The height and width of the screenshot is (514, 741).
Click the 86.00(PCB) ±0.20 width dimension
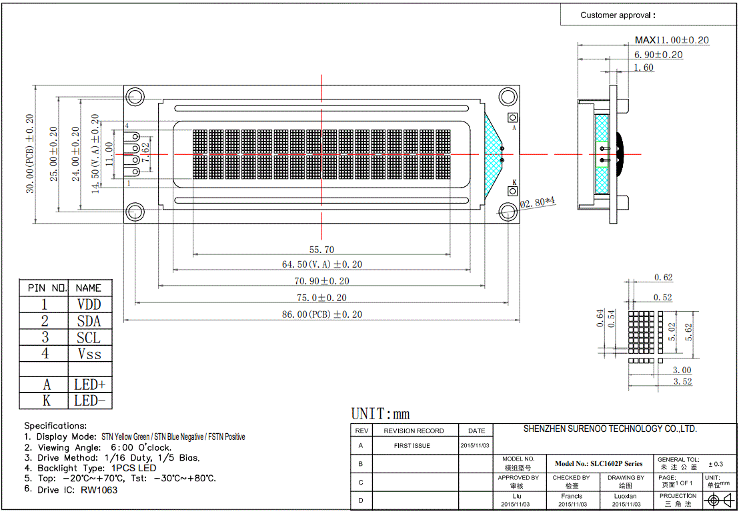coord(322,314)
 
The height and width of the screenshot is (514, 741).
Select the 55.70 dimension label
coord(322,250)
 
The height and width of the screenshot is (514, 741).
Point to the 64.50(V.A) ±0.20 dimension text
coord(322,264)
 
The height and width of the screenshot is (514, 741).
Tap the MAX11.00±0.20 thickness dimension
coord(672,40)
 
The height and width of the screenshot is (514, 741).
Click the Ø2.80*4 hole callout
coord(538,203)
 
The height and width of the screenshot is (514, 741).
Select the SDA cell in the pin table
coord(89,321)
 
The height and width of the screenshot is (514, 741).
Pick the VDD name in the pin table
coord(89,304)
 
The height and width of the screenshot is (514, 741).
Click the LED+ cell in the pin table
coord(89,384)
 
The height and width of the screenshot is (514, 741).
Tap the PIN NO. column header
coord(44,288)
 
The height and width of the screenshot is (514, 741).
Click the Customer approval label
coord(618,15)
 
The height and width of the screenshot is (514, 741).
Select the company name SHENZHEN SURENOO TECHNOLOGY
coord(610,429)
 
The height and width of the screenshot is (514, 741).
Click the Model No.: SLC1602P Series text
coord(598,463)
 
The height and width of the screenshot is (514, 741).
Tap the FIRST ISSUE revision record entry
coord(412,446)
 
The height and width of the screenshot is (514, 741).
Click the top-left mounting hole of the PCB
coord(134,96)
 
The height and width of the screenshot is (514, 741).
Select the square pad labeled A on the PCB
coord(513,117)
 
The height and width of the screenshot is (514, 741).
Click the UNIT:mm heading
coord(380,414)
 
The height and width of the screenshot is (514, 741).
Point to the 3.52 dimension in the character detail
coord(682,382)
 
